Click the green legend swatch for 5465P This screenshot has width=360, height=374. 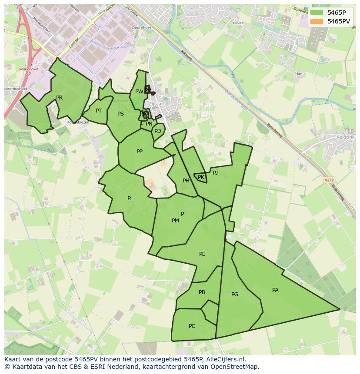pos(317,13)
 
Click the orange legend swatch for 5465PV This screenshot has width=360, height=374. pos(317,21)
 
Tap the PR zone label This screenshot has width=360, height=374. pos(59,98)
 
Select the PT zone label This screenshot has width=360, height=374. pos(99,111)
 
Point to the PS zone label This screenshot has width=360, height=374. pos(120,114)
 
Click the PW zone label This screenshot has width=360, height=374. pos(139,92)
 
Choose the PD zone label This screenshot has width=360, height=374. pos(157,131)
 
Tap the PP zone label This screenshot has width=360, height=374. pos(140,152)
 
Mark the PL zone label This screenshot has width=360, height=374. pos(130,199)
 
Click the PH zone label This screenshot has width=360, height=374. pos(186,181)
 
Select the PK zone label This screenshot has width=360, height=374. pos(201,177)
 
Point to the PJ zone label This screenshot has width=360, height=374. pos(215,172)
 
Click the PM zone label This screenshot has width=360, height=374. pos(175,221)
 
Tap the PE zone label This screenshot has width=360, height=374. pos(202,254)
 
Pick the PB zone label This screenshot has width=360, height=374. pos(202,292)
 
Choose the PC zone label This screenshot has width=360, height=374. pos(192,326)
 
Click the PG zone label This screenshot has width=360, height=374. pos(235,295)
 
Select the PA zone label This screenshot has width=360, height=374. pos(275,290)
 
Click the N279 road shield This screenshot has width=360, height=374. pos(329,179)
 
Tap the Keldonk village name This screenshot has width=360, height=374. pos(346,137)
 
